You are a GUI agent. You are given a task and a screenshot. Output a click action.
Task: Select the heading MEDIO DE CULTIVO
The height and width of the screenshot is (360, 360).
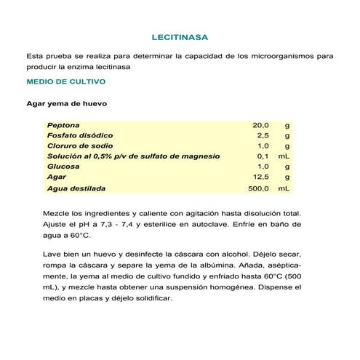tap(65, 82)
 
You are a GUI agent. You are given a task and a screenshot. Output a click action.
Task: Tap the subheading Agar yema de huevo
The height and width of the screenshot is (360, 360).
tap(67, 103)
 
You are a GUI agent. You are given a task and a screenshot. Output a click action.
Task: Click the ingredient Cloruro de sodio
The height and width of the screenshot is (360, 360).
tap(81, 145)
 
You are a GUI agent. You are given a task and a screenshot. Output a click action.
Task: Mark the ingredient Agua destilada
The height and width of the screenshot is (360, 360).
tap(76, 188)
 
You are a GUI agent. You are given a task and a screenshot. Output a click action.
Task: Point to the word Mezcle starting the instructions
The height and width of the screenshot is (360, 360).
tap(58, 214)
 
